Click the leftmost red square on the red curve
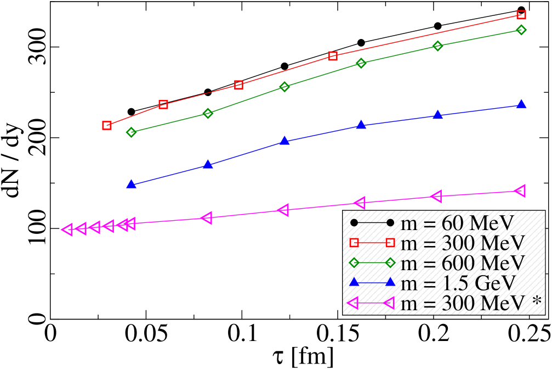(x=107, y=125)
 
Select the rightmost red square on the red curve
(x=521, y=15)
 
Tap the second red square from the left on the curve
(x=163, y=104)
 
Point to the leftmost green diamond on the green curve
(x=131, y=132)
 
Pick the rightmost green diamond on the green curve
(x=521, y=30)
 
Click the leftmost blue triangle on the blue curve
(x=131, y=185)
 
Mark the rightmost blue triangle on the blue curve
(x=521, y=104)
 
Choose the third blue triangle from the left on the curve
(x=284, y=141)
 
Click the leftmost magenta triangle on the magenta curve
(x=67, y=230)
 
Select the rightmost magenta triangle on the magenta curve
(x=520, y=191)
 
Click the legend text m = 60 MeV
(x=457, y=223)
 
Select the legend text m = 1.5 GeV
(x=458, y=283)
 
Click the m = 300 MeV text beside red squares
(x=463, y=243)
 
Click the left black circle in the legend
(x=354, y=223)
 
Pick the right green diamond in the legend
(x=390, y=262)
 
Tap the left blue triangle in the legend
(x=354, y=282)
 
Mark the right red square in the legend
(x=390, y=243)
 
